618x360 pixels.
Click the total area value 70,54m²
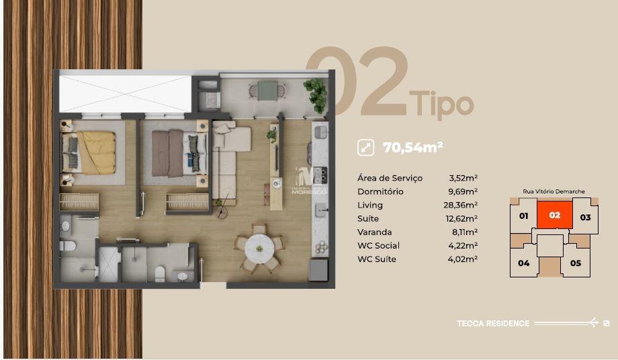click(x=412, y=147)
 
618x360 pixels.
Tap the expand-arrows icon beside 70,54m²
click(x=365, y=147)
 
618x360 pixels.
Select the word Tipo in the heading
click(x=441, y=104)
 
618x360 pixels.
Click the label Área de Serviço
click(x=390, y=178)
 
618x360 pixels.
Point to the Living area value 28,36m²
click(x=463, y=205)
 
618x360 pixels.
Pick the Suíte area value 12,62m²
click(x=463, y=218)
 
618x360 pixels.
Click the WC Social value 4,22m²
click(x=463, y=245)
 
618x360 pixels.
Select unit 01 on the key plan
click(x=523, y=217)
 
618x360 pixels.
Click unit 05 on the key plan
click(x=575, y=263)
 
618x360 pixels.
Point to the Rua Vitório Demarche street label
click(x=554, y=191)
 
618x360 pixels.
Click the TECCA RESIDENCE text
click(x=493, y=323)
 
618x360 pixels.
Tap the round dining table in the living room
click(x=259, y=249)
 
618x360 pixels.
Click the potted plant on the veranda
click(x=314, y=90)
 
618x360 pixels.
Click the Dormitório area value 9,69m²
click(x=463, y=191)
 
